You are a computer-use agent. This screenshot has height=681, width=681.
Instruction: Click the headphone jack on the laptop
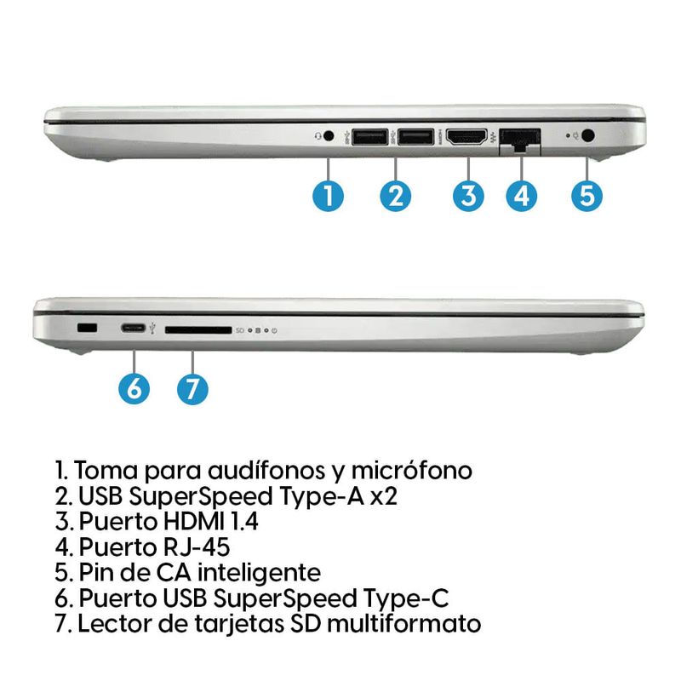pyautogui.click(x=329, y=136)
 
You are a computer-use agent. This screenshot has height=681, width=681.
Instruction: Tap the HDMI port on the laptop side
pyautogui.click(x=466, y=137)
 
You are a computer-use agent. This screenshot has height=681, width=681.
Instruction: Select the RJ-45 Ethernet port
pyautogui.click(x=520, y=140)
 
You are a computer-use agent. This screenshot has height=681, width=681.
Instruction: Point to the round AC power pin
pyautogui.click(x=587, y=135)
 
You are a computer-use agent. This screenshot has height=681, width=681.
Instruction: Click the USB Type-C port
pyautogui.click(x=134, y=329)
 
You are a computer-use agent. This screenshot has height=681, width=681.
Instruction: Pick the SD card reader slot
pyautogui.click(x=198, y=330)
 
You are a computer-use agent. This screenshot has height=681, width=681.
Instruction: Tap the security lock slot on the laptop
pyautogui.click(x=87, y=329)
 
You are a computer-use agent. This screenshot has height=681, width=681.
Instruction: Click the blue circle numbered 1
pyautogui.click(x=329, y=196)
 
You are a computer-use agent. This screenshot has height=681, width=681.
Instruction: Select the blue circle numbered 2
pyautogui.click(x=395, y=196)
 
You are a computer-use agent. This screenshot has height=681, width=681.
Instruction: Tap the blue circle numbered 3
pyautogui.click(x=468, y=196)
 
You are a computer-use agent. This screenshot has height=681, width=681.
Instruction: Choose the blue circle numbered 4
pyautogui.click(x=522, y=196)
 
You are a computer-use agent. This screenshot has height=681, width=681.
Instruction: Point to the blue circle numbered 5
pyautogui.click(x=587, y=196)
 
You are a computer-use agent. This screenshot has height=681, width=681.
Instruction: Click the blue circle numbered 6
pyautogui.click(x=134, y=389)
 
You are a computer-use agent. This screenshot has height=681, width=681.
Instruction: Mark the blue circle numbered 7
pyautogui.click(x=192, y=389)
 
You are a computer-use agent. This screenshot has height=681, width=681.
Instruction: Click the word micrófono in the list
pyautogui.click(x=412, y=471)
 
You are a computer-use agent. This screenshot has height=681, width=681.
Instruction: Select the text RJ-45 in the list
pyautogui.click(x=196, y=547)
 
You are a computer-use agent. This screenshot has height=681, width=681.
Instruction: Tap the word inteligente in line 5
pyautogui.click(x=260, y=573)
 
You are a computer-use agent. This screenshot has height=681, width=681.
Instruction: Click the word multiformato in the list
pyautogui.click(x=403, y=623)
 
